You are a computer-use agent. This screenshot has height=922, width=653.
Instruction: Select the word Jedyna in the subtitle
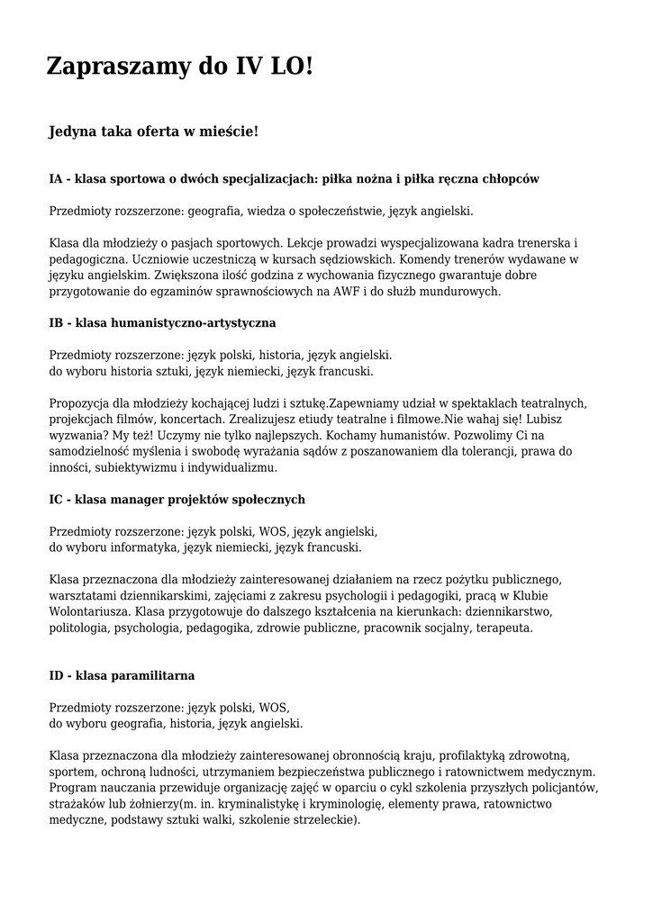click(73, 132)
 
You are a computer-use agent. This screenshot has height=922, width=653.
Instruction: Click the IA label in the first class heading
click(56, 179)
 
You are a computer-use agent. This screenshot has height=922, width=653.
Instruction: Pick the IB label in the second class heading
click(56, 321)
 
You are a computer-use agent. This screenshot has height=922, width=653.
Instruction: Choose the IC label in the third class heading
click(56, 499)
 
